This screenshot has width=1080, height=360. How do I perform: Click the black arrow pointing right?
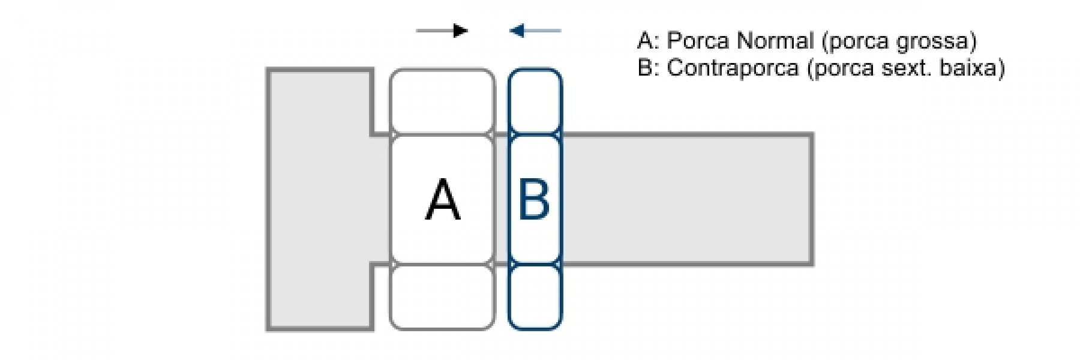(442, 30)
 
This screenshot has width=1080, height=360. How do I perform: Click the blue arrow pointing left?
(535, 30)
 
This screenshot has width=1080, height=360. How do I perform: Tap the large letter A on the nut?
(443, 200)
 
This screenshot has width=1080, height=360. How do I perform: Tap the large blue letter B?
(534, 200)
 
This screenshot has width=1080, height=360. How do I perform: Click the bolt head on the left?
(319, 199)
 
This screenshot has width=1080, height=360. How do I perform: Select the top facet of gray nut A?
(442, 101)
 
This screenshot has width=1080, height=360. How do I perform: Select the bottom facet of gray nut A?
(442, 297)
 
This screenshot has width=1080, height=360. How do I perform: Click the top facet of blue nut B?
(535, 101)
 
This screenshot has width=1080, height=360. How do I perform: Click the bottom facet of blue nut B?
(535, 297)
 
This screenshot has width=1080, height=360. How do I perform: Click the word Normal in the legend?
(775, 41)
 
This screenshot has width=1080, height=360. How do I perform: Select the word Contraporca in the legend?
(733, 68)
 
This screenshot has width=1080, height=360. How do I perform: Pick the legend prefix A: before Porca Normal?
(648, 41)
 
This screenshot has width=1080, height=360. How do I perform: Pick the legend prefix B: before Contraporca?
(648, 68)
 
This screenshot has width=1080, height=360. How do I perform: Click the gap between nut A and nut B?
(502, 199)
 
